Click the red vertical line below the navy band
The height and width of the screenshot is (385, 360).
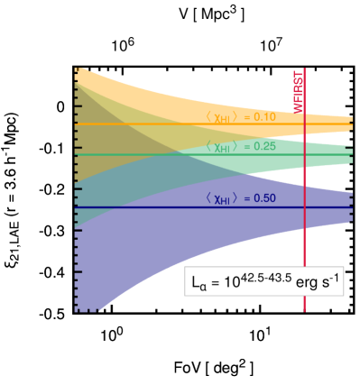pos(304,248)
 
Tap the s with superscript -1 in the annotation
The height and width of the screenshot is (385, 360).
pos(328,282)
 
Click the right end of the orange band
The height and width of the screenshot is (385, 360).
pos(350,124)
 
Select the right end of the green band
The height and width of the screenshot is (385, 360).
pos(350,155)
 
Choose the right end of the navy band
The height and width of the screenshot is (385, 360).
pos(350,206)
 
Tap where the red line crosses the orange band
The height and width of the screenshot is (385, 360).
pos(304,122)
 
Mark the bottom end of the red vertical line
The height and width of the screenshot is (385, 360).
pos(304,310)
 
